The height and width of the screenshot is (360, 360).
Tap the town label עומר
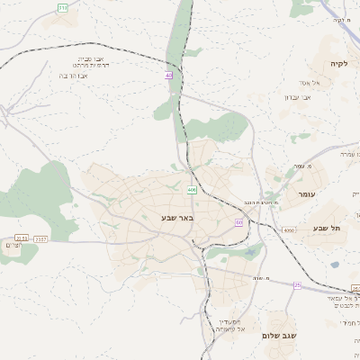pos(293,194)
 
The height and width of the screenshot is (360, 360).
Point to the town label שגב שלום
pos(280,336)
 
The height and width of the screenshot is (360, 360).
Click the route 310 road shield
pos(62,7)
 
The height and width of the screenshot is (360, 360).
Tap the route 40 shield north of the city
pos(168,76)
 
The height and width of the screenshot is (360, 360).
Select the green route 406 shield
pos(192,190)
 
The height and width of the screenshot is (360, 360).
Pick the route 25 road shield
pos(298,285)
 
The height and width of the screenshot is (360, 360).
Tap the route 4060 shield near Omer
pos(289,231)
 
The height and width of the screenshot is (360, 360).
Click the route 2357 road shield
pos(41,238)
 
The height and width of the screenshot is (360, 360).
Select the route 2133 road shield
pos(22,238)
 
